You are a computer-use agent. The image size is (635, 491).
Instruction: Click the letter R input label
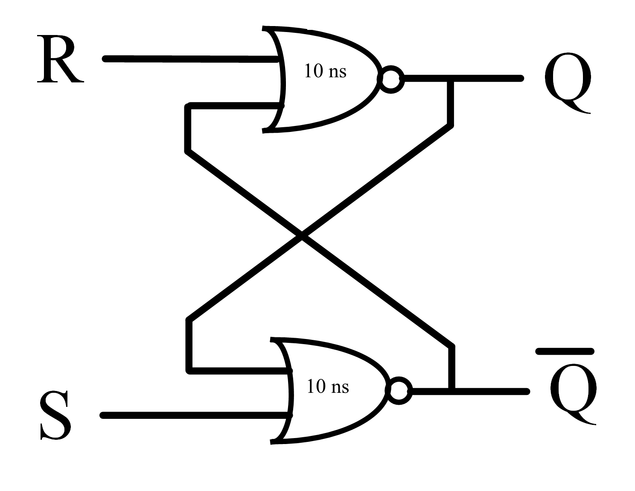click(x=61, y=59)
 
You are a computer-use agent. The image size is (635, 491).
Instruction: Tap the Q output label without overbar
click(x=568, y=82)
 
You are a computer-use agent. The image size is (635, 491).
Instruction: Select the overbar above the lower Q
click(x=565, y=351)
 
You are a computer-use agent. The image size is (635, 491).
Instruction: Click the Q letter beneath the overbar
click(x=574, y=394)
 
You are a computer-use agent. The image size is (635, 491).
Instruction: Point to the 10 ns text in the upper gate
click(x=325, y=71)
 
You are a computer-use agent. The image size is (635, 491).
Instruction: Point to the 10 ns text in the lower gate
click(x=328, y=387)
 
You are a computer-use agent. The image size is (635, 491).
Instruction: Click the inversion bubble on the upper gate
click(x=391, y=79)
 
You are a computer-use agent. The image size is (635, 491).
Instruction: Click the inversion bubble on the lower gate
click(x=399, y=391)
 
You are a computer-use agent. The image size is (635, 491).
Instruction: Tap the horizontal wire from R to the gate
click(x=190, y=59)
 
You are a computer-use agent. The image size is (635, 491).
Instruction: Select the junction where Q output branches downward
click(x=450, y=78)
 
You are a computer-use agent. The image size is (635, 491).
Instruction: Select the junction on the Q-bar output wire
click(x=452, y=391)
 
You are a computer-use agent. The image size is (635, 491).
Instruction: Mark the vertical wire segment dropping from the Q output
click(x=450, y=102)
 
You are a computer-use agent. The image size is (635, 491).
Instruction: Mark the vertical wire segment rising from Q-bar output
click(x=452, y=368)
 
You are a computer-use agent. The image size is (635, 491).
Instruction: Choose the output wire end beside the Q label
click(x=521, y=78)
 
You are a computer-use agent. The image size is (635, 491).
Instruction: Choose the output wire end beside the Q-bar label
click(x=527, y=391)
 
